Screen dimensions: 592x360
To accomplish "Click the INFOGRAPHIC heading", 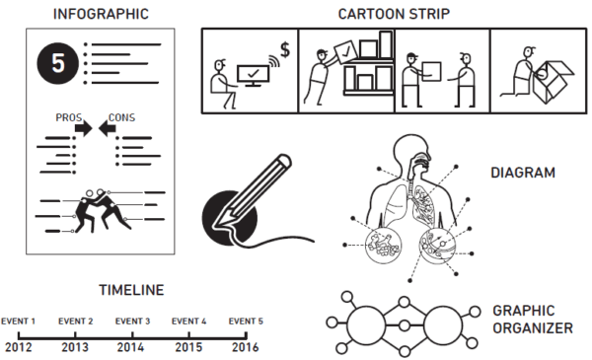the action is pyautogui.click(x=101, y=14).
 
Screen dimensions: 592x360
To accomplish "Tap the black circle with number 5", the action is pyautogui.click(x=58, y=63).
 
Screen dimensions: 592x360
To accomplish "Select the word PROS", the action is pyautogui.click(x=69, y=117).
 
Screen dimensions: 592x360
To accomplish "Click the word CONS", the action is pyautogui.click(x=121, y=117).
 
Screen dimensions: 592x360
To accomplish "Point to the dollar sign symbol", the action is pyautogui.click(x=285, y=49).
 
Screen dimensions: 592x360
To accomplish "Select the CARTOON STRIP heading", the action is pyautogui.click(x=394, y=14).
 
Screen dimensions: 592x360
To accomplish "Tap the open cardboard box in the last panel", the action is pyautogui.click(x=554, y=82).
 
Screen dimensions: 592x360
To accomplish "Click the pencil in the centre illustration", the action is pyautogui.click(x=253, y=192).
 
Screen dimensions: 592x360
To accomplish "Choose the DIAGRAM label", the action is pyautogui.click(x=523, y=173).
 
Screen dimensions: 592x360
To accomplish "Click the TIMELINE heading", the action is pyautogui.click(x=131, y=290).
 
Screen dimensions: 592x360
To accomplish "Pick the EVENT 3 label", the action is pyautogui.click(x=132, y=322).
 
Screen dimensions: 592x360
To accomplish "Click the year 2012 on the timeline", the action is pyautogui.click(x=18, y=347).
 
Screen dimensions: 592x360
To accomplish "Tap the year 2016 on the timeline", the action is pyautogui.click(x=246, y=347).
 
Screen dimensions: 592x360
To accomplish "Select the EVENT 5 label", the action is pyautogui.click(x=246, y=322).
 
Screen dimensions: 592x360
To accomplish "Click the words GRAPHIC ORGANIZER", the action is pyautogui.click(x=533, y=320).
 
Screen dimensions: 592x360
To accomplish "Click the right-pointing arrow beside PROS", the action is pyautogui.click(x=84, y=128).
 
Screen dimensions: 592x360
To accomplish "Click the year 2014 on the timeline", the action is pyautogui.click(x=130, y=347).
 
